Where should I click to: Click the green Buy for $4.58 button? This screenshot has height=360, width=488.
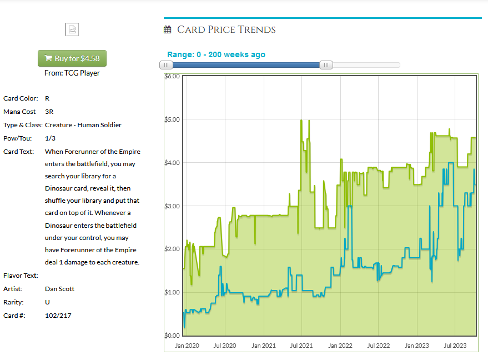[72, 58]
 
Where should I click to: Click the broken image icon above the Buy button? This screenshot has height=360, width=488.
[72, 29]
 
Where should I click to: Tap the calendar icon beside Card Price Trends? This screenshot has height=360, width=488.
[168, 30]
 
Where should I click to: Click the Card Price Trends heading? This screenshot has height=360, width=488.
[227, 29]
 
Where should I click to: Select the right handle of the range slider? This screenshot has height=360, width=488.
[326, 65]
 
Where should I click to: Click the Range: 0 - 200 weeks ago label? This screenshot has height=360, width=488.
[216, 54]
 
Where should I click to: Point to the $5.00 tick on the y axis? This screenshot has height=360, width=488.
[172, 119]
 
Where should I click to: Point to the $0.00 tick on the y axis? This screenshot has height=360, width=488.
[172, 336]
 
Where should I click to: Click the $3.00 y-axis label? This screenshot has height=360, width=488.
[172, 206]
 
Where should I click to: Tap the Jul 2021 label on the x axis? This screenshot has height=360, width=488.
[301, 346]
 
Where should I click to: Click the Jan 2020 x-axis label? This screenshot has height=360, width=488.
[187, 346]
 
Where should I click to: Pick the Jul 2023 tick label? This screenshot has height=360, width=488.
[454, 346]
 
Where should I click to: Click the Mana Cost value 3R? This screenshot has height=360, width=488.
[49, 112]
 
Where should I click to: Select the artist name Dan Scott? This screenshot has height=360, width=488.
[59, 289]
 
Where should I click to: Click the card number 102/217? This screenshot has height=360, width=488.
[58, 316]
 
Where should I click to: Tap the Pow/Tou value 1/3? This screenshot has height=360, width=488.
[50, 138]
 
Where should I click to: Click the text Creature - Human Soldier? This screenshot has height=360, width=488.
[83, 125]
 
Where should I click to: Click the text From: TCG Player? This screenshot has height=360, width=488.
[72, 73]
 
